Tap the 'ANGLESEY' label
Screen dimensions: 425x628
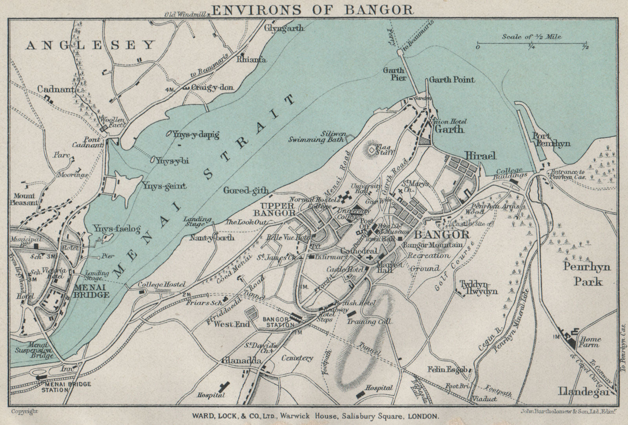tap(90, 45)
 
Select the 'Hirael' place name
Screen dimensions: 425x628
tap(480, 156)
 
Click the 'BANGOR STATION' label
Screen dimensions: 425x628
tap(278, 322)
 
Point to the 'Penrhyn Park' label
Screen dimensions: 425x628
tap(587, 274)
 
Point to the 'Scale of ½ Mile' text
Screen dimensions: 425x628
tap(531, 37)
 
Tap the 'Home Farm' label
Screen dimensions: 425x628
tap(590, 342)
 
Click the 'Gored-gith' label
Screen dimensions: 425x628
tap(246, 191)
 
